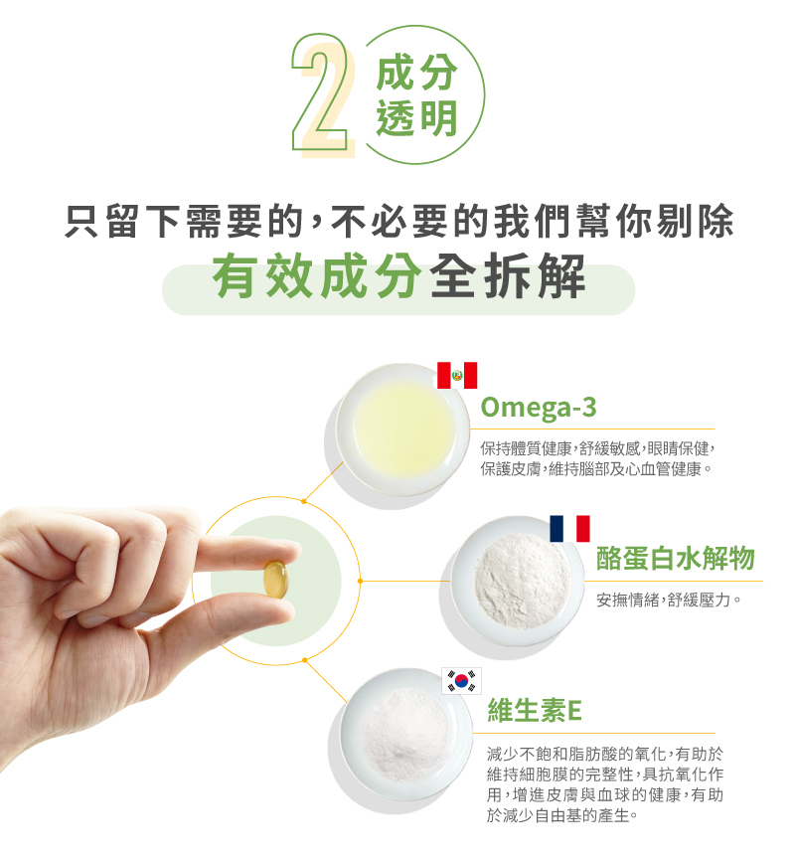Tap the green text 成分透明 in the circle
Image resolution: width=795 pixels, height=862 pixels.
tap(416, 95)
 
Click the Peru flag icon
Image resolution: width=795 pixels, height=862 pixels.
tap(457, 376)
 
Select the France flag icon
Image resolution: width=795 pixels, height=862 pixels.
tap(569, 528)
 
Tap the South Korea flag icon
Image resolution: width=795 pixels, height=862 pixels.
tap(461, 681)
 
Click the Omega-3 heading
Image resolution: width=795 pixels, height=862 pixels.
tap(539, 408)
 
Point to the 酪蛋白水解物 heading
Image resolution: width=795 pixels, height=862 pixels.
tap(675, 559)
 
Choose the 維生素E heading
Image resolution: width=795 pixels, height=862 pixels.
tap(535, 710)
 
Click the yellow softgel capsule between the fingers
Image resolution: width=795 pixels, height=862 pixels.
tap(276, 580)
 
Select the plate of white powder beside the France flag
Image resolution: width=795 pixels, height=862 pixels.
tap(518, 581)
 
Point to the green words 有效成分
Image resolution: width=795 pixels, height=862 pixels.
tap(317, 276)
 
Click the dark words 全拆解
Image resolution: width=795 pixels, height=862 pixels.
tap(507, 276)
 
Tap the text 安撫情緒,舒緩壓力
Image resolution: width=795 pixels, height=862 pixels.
tap(668, 600)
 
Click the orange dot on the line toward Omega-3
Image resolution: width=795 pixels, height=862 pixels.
tap(304, 501)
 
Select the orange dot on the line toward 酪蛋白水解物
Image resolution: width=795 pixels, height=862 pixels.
tap(360, 581)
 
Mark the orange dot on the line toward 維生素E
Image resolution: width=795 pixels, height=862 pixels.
tap(304, 660)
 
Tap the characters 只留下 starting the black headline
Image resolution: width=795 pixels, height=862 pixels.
tap(122, 222)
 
